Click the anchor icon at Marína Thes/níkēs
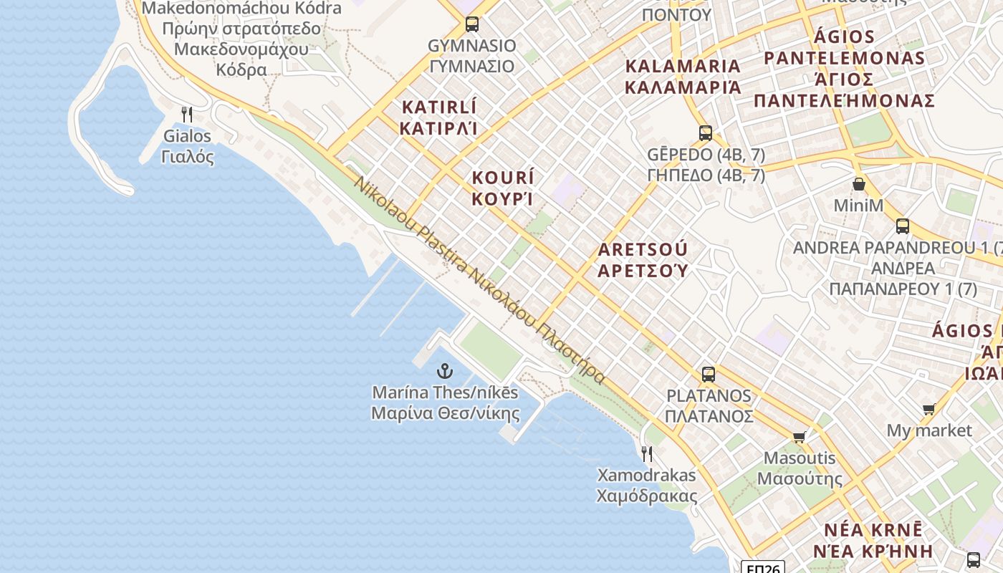445,371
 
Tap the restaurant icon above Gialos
187,114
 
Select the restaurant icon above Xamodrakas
646,453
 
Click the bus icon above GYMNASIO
471,24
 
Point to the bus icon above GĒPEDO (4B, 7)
706,133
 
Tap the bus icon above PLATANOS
709,374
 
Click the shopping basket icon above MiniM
858,184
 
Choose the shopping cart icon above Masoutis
800,437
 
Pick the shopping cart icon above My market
929,409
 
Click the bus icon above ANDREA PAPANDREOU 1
903,226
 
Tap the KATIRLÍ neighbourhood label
438,117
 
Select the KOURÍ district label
503,188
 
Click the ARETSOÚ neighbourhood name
643,259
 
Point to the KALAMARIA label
683,77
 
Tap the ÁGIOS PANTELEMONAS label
844,68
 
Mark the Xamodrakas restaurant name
646,486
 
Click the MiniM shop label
858,206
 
